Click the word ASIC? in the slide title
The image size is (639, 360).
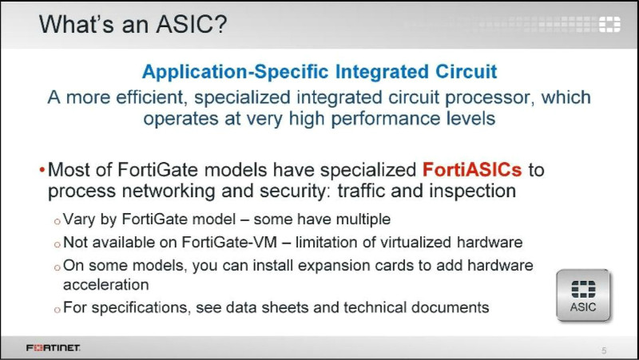click(192, 24)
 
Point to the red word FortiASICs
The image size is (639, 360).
click(472, 169)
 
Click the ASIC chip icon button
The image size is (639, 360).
click(583, 295)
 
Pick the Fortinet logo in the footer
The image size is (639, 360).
click(53, 348)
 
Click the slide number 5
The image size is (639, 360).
click(604, 350)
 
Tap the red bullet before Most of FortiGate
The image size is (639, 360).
click(42, 169)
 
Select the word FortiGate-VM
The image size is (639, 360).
click(229, 243)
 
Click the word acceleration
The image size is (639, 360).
click(106, 285)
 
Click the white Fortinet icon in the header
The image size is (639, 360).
click(609, 24)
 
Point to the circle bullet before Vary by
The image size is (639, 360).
click(57, 221)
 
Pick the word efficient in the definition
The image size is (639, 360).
click(151, 97)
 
